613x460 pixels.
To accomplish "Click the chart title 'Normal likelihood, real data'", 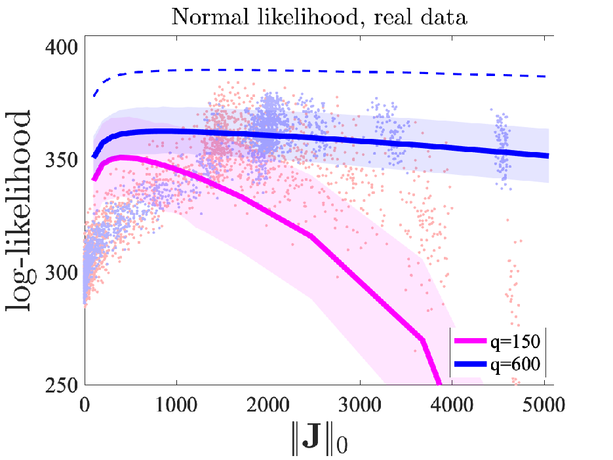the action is (319, 17).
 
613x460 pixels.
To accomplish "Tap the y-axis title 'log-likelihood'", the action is (18, 211).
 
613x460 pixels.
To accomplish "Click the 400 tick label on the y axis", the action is (62, 47).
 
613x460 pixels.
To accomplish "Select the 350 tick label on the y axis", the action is (62, 160).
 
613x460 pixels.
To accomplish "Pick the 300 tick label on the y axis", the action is (62, 273).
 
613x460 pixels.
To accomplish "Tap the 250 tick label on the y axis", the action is (62, 385).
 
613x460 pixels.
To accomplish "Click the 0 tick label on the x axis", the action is (85, 405).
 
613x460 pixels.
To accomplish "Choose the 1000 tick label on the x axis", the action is (176, 405).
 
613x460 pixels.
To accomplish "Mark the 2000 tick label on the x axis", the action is (268, 405).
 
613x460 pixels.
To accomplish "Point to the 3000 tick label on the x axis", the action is (360, 405).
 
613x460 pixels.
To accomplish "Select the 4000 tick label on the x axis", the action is (452, 405).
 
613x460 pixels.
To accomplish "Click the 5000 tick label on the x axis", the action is (544, 405).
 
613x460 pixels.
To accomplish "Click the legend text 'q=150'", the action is (515, 341).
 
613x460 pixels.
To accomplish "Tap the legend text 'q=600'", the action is (515, 364).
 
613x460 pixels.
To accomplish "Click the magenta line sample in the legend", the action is (471, 341).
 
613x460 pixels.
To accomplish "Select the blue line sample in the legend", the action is (471, 364).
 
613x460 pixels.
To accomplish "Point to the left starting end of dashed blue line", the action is (94, 96).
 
